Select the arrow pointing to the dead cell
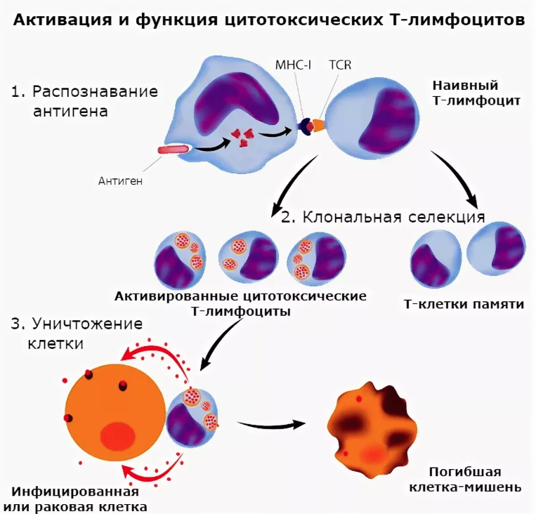[x=270, y=424]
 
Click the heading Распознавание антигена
[x=84, y=101]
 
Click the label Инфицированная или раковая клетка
[x=75, y=499]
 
